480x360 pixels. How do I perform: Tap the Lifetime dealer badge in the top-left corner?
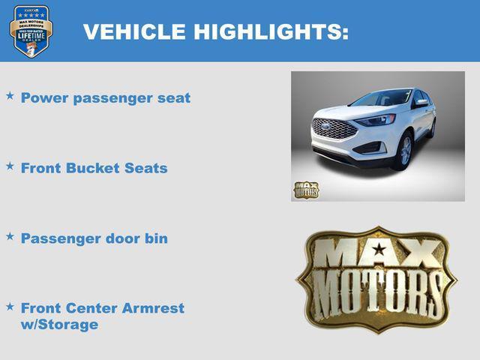pyautogui.click(x=31, y=31)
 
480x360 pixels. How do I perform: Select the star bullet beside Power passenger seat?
pyautogui.click(x=10, y=96)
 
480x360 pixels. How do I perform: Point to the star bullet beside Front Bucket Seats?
pyautogui.click(x=10, y=166)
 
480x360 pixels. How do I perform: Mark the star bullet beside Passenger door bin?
pyautogui.click(x=10, y=235)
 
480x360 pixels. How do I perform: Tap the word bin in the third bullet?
pyautogui.click(x=156, y=238)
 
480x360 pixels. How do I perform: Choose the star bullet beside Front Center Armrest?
pyautogui.click(x=10, y=306)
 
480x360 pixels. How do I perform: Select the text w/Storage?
pyautogui.click(x=59, y=325)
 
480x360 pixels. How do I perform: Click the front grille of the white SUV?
pyautogui.click(x=334, y=129)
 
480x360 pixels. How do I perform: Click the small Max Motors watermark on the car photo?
pyautogui.click(x=306, y=190)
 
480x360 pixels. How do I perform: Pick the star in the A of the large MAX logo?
pyautogui.click(x=379, y=249)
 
